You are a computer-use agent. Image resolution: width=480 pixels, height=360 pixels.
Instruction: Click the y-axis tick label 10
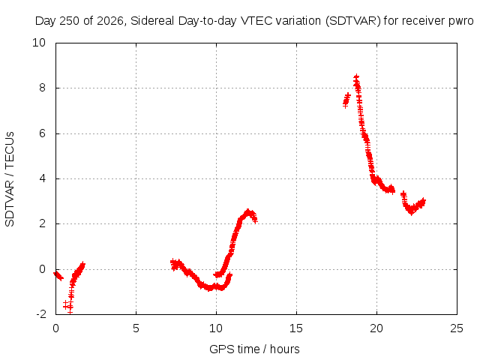39,43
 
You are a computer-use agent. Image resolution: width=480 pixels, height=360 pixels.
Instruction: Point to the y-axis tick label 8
42,88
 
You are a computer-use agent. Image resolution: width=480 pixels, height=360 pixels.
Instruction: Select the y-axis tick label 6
42,133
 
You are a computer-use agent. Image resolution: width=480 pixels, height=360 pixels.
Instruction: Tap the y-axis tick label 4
42,178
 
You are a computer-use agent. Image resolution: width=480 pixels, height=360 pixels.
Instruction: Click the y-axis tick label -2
41,314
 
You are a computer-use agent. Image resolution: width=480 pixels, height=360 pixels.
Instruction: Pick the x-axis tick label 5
136,328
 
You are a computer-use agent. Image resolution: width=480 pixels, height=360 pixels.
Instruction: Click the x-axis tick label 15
296,328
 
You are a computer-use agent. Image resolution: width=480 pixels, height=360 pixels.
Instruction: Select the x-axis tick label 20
376,328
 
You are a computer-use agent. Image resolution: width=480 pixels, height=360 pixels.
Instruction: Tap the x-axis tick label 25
457,328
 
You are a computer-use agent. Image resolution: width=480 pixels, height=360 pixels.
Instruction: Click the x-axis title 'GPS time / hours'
254,349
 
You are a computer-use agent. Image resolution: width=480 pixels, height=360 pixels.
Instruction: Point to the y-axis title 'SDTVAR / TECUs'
10,179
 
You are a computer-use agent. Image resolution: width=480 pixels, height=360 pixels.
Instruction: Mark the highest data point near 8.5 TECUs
356,76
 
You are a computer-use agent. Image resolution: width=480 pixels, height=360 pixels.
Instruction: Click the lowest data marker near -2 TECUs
70,311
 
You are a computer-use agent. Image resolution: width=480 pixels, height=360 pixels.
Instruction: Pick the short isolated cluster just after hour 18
346,100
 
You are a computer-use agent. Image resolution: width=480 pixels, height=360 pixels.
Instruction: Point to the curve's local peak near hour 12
248,211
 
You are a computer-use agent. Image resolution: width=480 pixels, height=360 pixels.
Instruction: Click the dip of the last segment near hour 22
411,211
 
